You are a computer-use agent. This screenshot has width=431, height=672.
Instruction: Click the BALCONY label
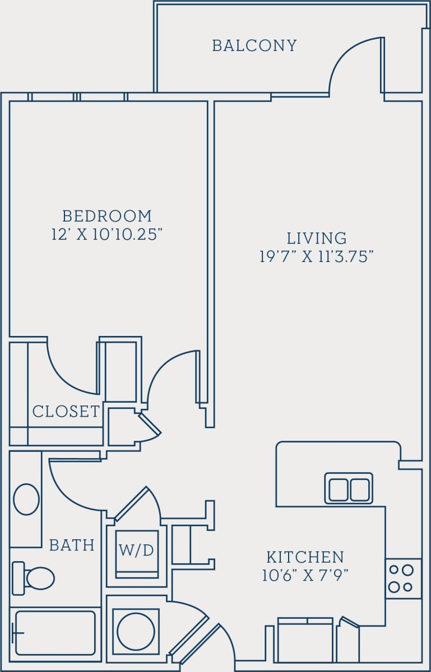(254, 45)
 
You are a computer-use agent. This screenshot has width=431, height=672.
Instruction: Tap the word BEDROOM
(106, 216)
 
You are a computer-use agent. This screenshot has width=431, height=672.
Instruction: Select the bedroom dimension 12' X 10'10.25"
(106, 234)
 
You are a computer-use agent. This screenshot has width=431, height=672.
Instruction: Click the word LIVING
(317, 238)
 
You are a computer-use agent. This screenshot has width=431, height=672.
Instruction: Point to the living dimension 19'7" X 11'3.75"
(317, 256)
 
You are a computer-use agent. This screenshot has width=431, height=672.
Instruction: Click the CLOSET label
(66, 412)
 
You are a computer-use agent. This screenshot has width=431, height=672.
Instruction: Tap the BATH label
(72, 545)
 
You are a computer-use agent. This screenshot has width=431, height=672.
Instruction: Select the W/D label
(136, 550)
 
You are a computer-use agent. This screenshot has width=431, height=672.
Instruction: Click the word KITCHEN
(305, 557)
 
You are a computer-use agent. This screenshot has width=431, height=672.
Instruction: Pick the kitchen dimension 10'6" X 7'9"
(305, 576)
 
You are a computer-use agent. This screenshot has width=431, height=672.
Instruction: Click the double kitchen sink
(349, 488)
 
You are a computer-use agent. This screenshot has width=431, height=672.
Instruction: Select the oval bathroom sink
(26, 499)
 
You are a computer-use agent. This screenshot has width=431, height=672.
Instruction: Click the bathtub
(55, 633)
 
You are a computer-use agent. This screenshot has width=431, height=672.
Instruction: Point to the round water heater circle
(136, 631)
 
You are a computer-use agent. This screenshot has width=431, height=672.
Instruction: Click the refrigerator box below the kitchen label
(305, 641)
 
